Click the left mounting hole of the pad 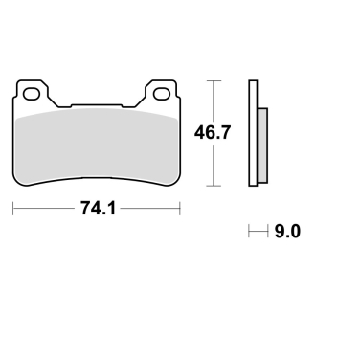point(33,94)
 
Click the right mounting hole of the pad point(159,94)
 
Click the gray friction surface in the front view point(96,144)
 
